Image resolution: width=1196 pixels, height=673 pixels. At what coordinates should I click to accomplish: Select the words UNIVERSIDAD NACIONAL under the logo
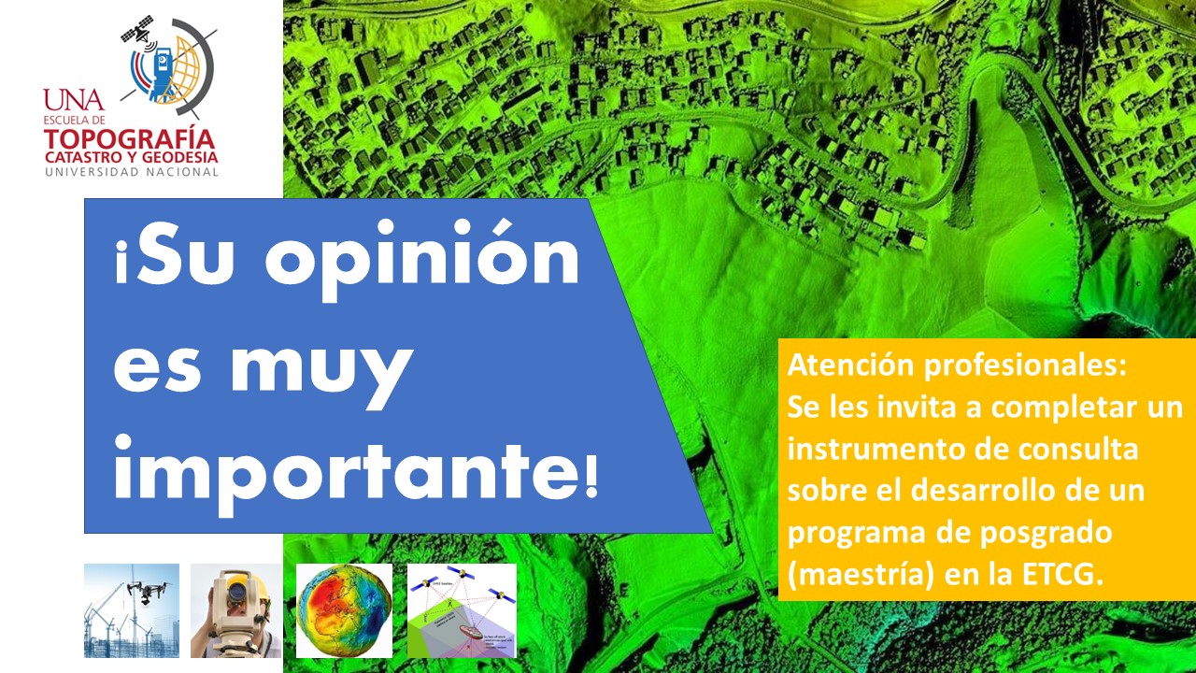(131, 173)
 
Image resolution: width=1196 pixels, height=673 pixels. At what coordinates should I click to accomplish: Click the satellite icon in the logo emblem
(138, 30)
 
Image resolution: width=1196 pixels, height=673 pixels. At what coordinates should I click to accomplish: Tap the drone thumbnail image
(132, 610)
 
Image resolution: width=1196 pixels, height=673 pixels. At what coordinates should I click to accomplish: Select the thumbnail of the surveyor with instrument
(235, 610)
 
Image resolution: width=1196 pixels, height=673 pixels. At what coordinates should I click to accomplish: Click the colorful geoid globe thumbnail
(344, 610)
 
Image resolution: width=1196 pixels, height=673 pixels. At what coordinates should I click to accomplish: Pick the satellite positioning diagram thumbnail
(462, 610)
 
